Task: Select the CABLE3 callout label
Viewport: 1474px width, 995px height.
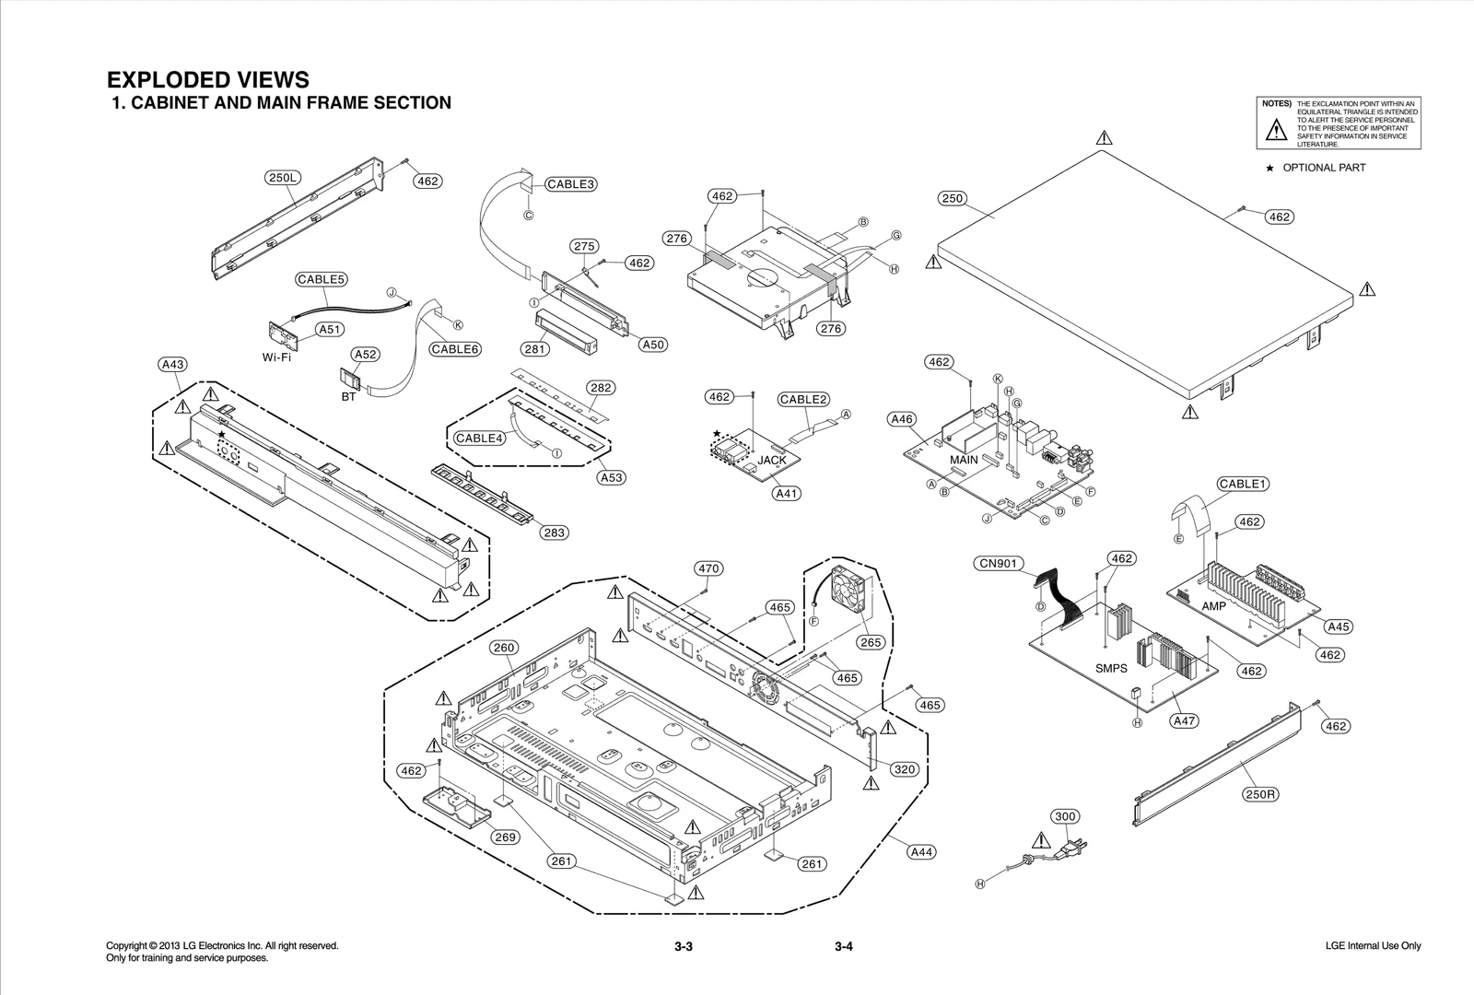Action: pyautogui.click(x=570, y=184)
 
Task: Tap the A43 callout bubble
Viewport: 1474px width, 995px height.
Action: pyautogui.click(x=172, y=365)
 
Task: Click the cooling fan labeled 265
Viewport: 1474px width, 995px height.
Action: pyautogui.click(x=851, y=591)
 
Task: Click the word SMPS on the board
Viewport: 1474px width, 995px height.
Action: pyautogui.click(x=1111, y=668)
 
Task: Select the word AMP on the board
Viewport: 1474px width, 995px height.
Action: pyautogui.click(x=1213, y=606)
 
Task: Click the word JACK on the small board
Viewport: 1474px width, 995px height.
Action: pyautogui.click(x=772, y=460)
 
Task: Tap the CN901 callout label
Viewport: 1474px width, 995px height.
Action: pyautogui.click(x=999, y=563)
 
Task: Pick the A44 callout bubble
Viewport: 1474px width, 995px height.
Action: pyautogui.click(x=921, y=852)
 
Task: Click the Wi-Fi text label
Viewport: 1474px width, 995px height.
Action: pyautogui.click(x=276, y=357)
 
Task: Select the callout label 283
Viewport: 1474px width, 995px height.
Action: pyautogui.click(x=553, y=533)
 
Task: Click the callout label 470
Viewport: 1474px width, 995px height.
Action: pyautogui.click(x=708, y=568)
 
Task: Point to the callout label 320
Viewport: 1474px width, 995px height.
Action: pyautogui.click(x=905, y=769)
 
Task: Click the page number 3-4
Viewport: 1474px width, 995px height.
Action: pyautogui.click(x=844, y=947)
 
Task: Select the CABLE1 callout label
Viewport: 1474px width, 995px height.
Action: pyautogui.click(x=1244, y=484)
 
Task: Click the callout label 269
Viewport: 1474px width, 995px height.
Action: pyautogui.click(x=505, y=837)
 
